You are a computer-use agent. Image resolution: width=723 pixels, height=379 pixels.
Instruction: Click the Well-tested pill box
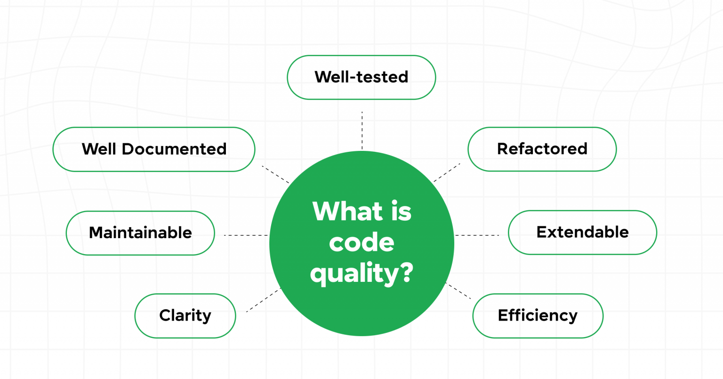[x=361, y=77]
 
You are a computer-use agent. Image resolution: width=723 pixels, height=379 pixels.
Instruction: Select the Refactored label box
[x=542, y=149]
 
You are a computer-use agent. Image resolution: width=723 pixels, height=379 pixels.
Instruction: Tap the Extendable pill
[x=582, y=232]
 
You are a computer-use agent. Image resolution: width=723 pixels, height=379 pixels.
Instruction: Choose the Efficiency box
[x=538, y=315]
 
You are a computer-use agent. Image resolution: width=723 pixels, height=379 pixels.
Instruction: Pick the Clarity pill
[x=185, y=315]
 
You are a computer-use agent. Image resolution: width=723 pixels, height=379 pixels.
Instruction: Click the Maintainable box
[x=140, y=233]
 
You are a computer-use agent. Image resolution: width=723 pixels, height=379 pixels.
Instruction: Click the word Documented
[x=175, y=149]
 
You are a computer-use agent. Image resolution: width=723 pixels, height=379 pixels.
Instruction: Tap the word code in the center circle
[x=361, y=242]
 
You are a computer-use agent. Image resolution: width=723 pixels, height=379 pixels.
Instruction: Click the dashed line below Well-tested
[x=362, y=131]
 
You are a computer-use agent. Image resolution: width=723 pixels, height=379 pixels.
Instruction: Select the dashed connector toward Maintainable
[x=246, y=235]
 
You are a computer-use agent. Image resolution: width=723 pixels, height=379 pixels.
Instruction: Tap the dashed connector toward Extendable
[x=477, y=235]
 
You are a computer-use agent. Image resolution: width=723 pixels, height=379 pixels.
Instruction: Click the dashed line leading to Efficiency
[x=458, y=291]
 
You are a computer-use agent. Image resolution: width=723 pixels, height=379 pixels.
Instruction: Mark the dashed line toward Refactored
[x=447, y=173]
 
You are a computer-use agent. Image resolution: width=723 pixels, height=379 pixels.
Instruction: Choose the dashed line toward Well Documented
[x=275, y=174]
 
